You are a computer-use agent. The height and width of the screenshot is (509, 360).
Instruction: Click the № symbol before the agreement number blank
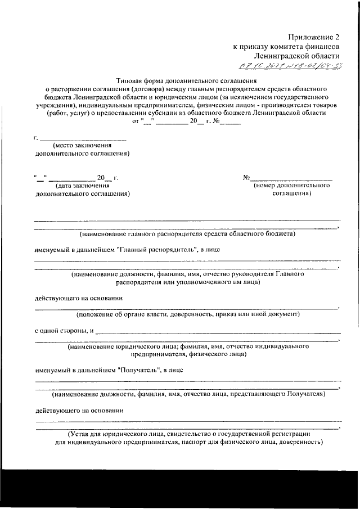click(x=246, y=178)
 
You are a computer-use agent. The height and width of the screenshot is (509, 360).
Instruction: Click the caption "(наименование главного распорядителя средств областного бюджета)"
click(x=188, y=233)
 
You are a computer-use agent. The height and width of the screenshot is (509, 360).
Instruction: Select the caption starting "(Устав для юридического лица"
click(x=188, y=434)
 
